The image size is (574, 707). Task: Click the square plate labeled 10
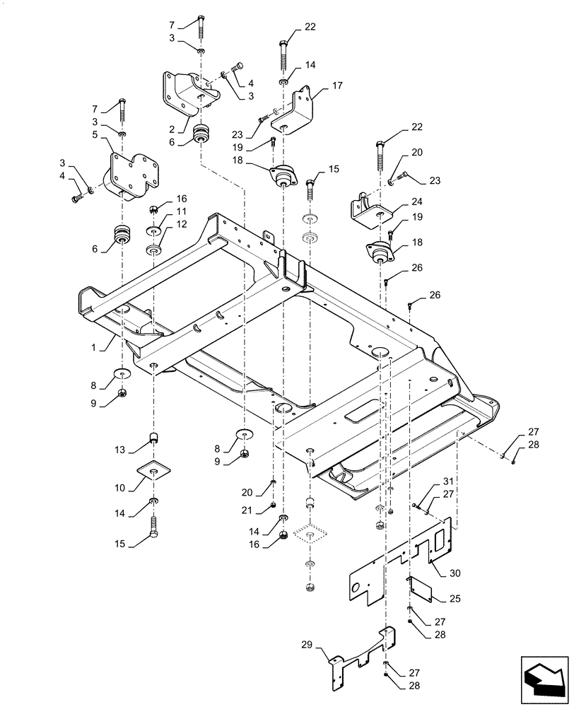(x=155, y=472)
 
